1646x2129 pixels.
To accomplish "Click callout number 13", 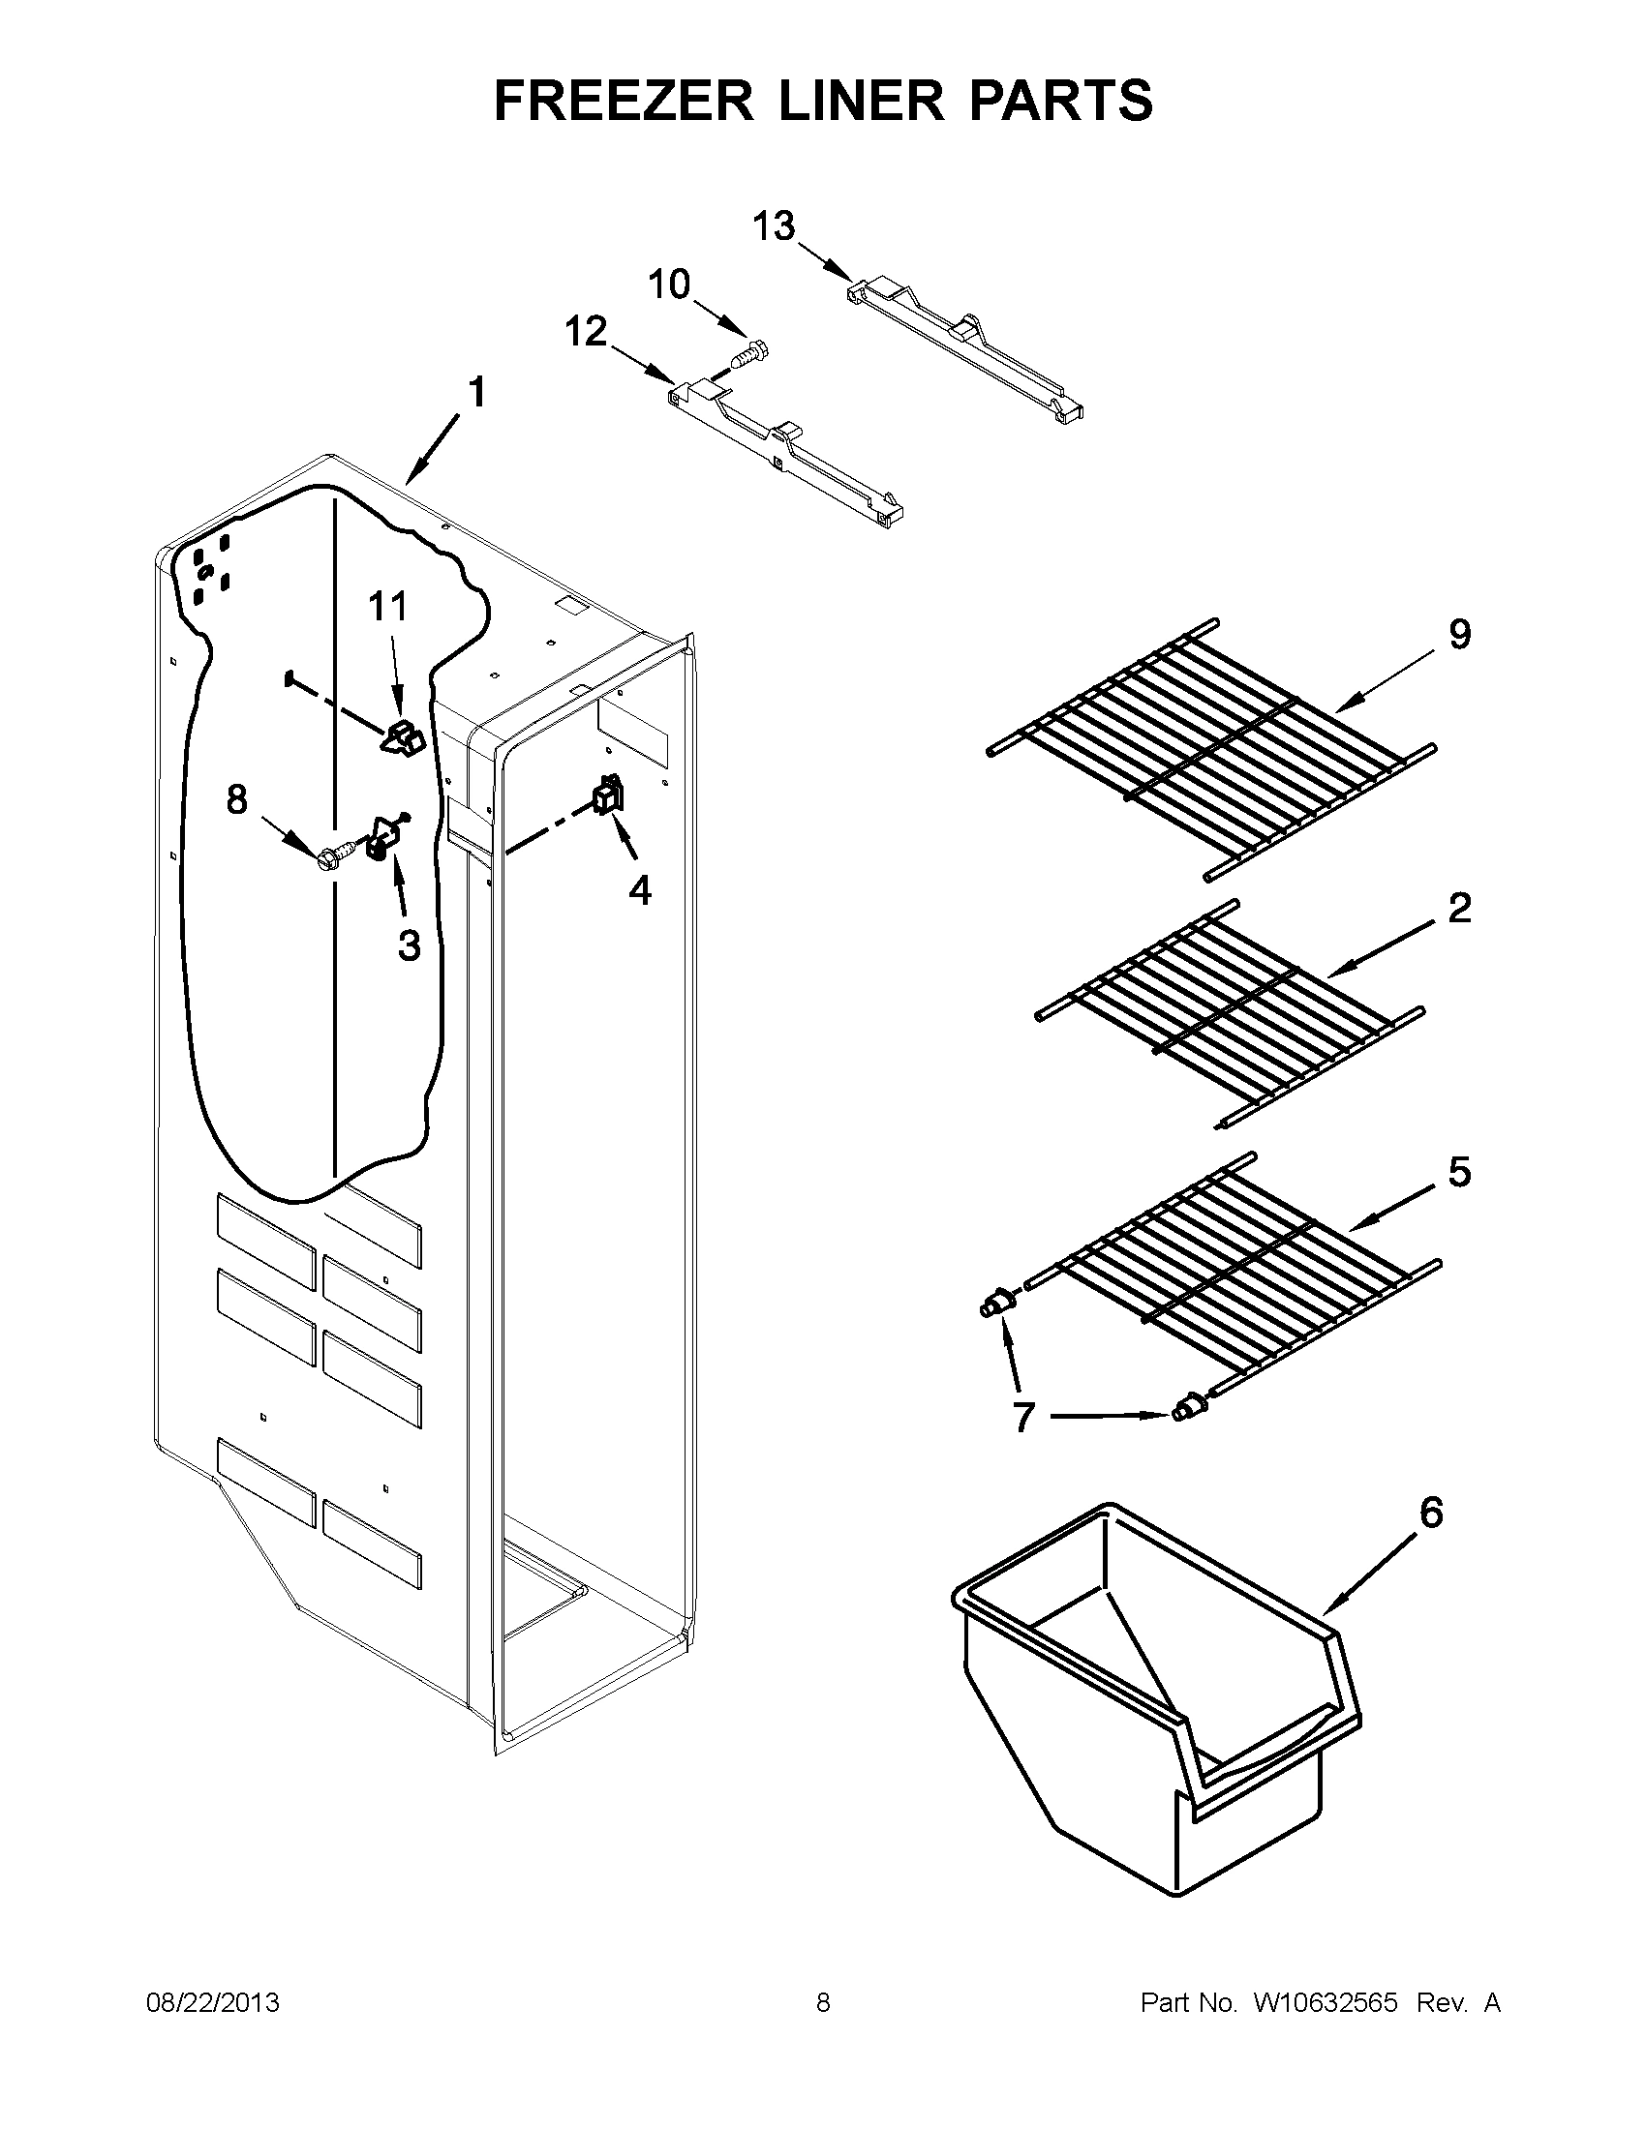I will (x=775, y=226).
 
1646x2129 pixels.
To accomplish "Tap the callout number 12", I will (x=587, y=331).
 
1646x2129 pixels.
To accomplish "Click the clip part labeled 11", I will (x=403, y=738).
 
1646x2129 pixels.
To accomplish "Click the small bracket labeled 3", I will (x=381, y=838).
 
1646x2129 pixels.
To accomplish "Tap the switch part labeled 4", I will (x=608, y=795).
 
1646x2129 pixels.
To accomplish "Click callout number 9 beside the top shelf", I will (x=1459, y=635).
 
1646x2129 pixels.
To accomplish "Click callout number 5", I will (x=1459, y=1173).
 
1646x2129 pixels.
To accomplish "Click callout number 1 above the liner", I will (x=475, y=393).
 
